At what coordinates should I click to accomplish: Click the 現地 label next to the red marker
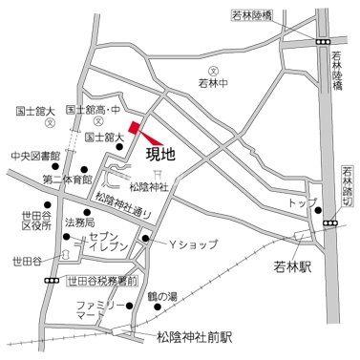click(x=159, y=150)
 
